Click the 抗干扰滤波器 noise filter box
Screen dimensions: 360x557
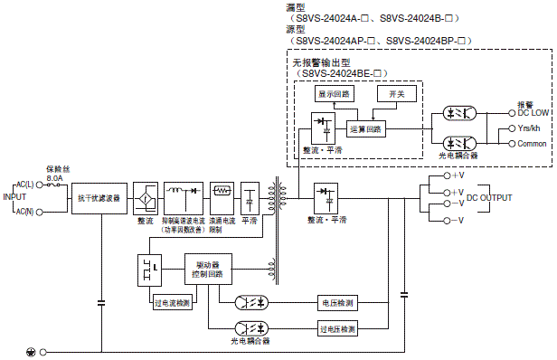point(98,197)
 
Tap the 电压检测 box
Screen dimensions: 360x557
point(338,302)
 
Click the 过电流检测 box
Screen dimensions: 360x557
point(173,303)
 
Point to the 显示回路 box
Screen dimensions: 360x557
point(334,94)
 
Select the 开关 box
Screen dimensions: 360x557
point(396,94)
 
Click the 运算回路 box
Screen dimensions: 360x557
point(365,128)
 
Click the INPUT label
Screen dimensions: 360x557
point(14,196)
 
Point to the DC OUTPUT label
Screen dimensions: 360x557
point(488,197)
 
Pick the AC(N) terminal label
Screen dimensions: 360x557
point(24,211)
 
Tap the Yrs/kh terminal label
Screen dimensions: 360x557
point(529,128)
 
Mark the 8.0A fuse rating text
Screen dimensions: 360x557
point(53,177)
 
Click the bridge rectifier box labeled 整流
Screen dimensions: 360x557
point(145,196)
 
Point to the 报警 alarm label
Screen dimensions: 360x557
point(524,104)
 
